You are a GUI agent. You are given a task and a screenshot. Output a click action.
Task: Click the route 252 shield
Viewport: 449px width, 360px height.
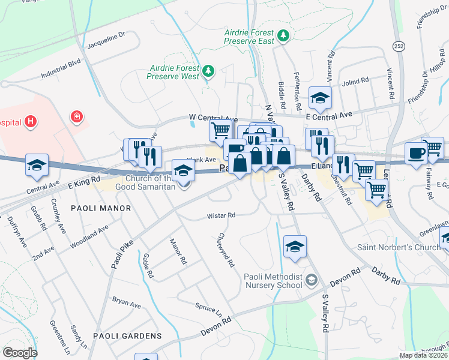click(399, 46)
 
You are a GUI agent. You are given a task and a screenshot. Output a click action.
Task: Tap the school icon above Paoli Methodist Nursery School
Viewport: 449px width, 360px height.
click(295, 246)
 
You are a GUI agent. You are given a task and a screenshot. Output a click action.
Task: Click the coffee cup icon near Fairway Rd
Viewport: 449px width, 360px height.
click(416, 153)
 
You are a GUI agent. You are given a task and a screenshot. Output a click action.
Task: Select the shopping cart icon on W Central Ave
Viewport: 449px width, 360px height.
click(220, 129)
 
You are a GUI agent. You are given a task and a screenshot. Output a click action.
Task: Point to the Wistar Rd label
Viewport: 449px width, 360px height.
click(221, 215)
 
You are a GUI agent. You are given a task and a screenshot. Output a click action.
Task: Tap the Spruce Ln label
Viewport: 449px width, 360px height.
click(208, 309)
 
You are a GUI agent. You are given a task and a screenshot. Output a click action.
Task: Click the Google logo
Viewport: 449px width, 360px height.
click(20, 353)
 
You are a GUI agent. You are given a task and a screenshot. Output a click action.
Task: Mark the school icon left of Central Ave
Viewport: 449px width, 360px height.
click(37, 165)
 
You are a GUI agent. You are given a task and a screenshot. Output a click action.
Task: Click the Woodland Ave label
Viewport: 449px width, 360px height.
click(89, 236)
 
